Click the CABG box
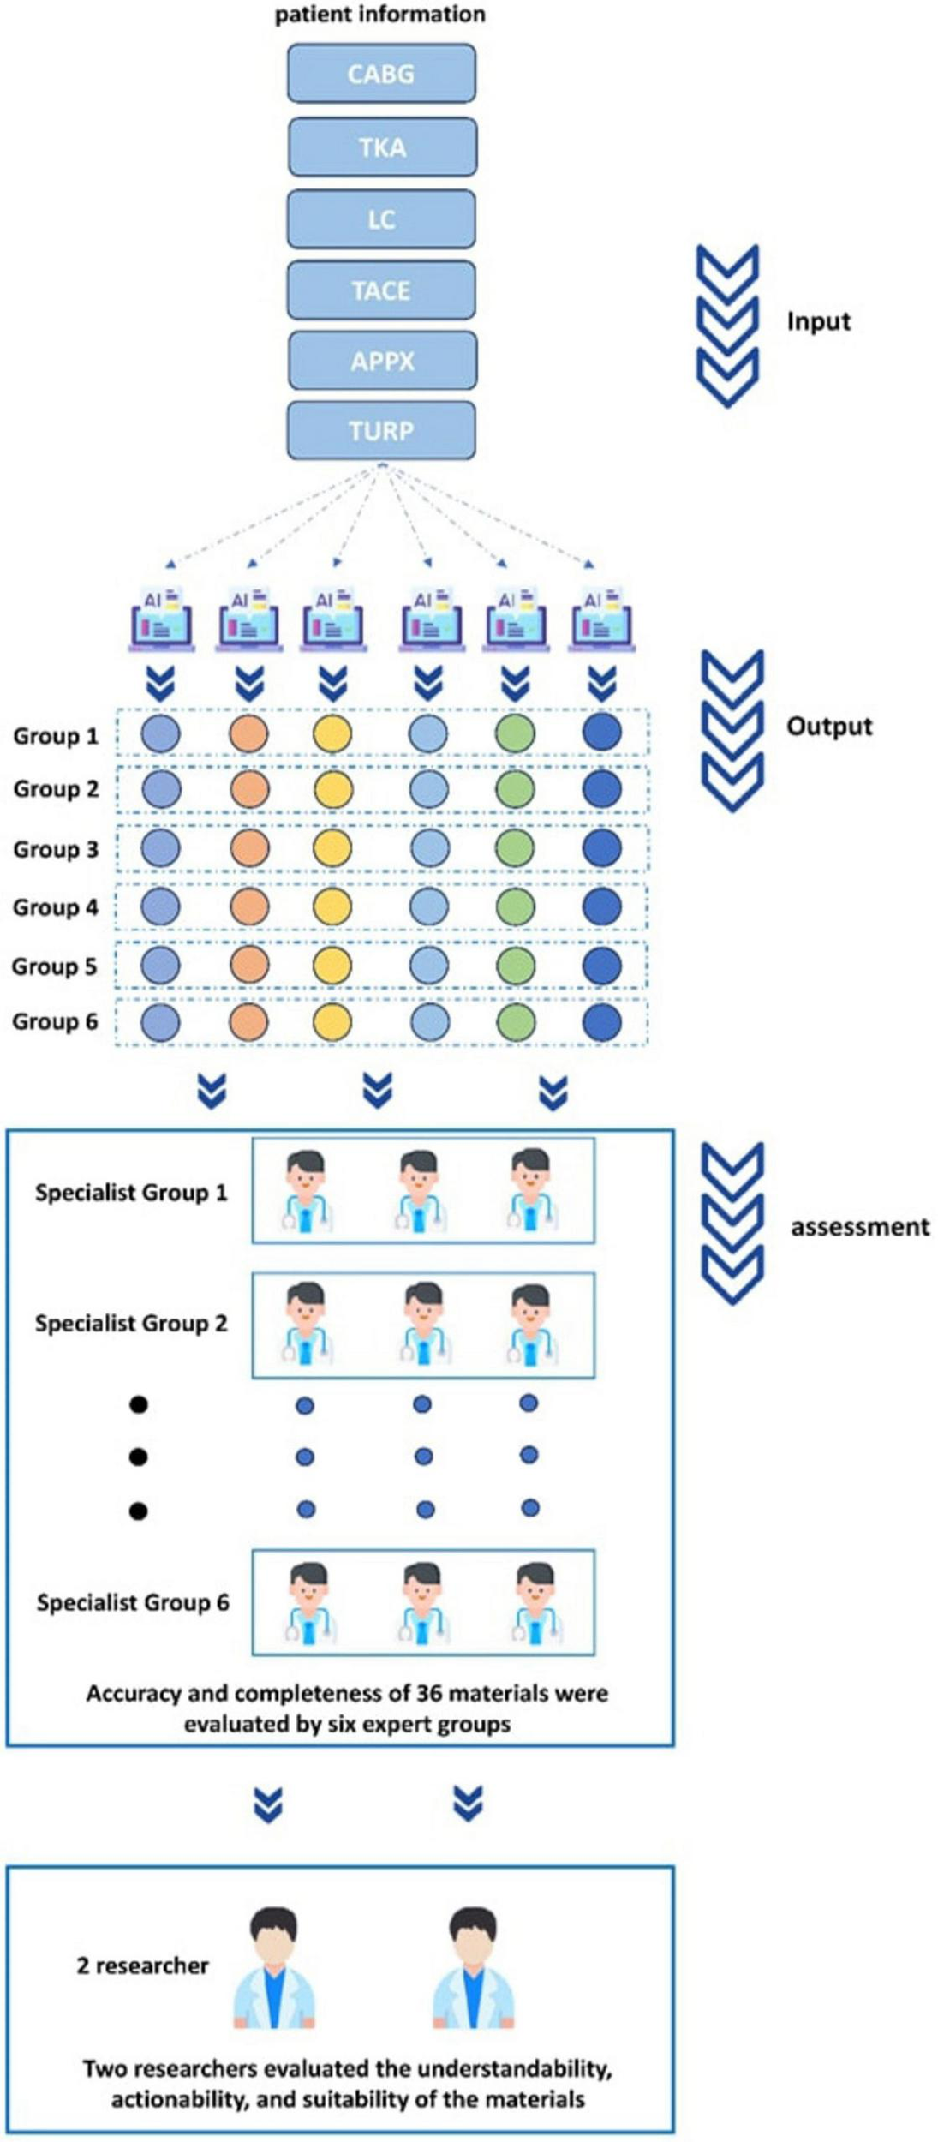point(381,75)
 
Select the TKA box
point(382,147)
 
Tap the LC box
point(381,219)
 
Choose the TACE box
point(381,290)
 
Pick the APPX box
point(382,361)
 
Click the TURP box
point(381,430)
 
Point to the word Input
point(818,322)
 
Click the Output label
point(828,727)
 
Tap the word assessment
point(859,1228)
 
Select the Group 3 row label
point(56,849)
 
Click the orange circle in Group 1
point(249,734)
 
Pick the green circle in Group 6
point(515,1022)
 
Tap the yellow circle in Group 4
point(332,906)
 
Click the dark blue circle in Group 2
point(601,789)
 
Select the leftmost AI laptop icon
point(160,619)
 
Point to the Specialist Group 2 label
point(131,1324)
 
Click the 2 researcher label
point(142,1965)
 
